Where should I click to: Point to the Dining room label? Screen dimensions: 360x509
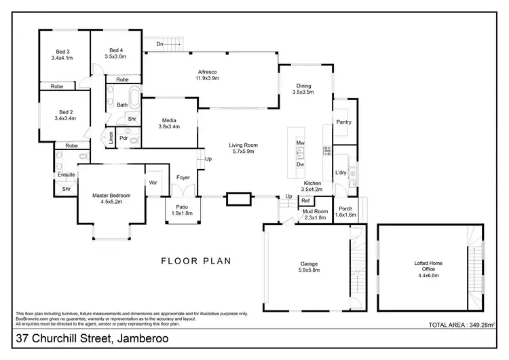coord(303,86)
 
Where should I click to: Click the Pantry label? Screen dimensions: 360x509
coord(343,122)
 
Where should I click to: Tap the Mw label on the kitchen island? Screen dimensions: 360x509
coord(299,143)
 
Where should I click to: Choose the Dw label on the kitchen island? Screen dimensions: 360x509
coord(299,164)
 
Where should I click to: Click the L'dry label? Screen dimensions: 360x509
coord(341,173)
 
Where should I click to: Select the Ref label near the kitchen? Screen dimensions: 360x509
coord(305,200)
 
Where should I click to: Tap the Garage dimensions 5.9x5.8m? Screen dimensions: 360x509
coord(309,270)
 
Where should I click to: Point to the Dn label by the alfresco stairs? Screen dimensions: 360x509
coord(159,44)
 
